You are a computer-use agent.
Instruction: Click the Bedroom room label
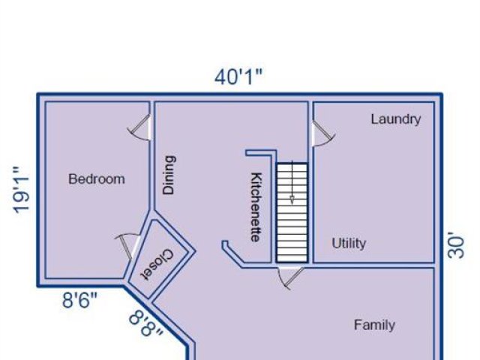(x=97, y=179)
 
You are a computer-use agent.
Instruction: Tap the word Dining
(x=169, y=175)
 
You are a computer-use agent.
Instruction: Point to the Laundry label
(x=396, y=119)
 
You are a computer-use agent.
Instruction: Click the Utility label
(x=349, y=243)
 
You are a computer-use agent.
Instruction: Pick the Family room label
(x=374, y=325)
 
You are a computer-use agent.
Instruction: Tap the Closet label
(x=157, y=265)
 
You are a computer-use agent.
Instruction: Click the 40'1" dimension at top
(x=238, y=76)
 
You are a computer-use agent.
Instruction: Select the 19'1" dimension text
(x=21, y=190)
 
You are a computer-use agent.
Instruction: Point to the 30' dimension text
(x=456, y=245)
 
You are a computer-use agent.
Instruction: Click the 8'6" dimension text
(x=80, y=300)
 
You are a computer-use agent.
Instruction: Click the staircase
(x=292, y=212)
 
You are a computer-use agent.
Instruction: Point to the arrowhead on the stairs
(x=292, y=200)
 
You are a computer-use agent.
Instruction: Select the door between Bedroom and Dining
(x=140, y=127)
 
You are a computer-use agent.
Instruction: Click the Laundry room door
(x=323, y=133)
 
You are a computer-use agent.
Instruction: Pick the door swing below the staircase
(x=290, y=277)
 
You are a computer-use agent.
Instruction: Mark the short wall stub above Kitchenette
(x=261, y=152)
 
